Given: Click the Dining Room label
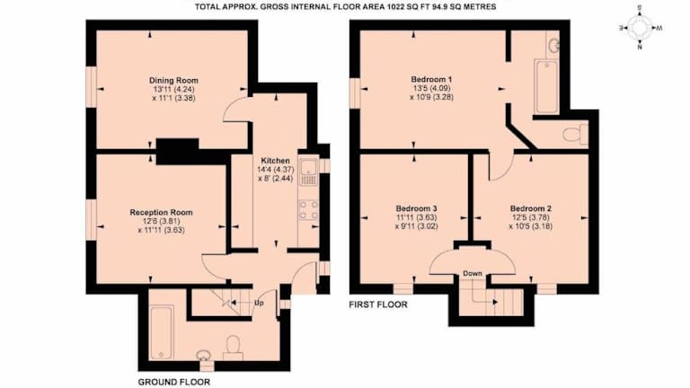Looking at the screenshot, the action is [x=173, y=81].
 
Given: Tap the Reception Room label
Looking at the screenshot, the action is [x=161, y=213].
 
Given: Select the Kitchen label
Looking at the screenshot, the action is [x=276, y=161].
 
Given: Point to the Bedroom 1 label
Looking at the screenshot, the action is [x=431, y=80].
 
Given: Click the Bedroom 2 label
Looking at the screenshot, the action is [x=531, y=208].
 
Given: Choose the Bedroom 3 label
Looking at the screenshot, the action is [x=416, y=208].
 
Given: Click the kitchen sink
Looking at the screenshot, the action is [x=309, y=172].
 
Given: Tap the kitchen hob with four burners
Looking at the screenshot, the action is [x=309, y=210].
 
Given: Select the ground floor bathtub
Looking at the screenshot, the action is [x=162, y=333].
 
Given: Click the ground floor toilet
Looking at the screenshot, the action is [x=233, y=348].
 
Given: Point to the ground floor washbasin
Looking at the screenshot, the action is [x=203, y=354].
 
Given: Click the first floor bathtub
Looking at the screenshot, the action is [x=546, y=86].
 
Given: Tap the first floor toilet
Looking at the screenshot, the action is [x=575, y=134].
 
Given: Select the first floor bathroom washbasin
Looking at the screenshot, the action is [x=553, y=44].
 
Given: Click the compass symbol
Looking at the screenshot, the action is [x=640, y=28].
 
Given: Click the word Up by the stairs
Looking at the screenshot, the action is [x=259, y=303].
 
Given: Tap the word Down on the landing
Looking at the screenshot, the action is [x=473, y=274].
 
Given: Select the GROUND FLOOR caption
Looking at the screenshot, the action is [x=173, y=382].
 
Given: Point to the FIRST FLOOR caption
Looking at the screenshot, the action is [x=378, y=304].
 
